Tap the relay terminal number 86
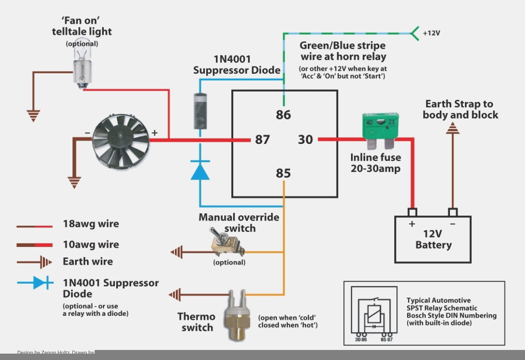[x=283, y=114]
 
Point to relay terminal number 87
[x=262, y=139]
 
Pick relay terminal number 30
[x=306, y=139]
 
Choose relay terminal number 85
[x=283, y=174]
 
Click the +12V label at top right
[x=431, y=33]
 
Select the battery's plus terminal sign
[x=412, y=224]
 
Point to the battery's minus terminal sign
[x=453, y=224]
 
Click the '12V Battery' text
[x=433, y=240]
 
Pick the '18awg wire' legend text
[x=91, y=224]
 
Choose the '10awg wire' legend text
[x=91, y=244]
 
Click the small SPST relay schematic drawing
[x=374, y=314]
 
